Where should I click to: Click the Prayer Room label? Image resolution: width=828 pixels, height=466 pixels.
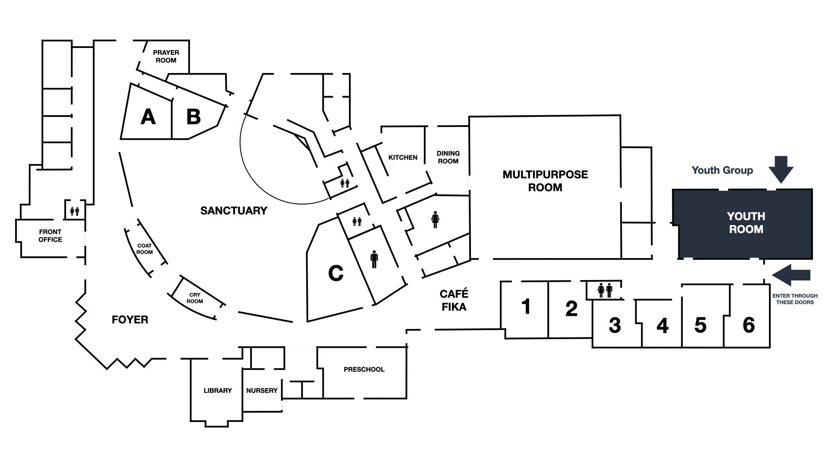coord(166,57)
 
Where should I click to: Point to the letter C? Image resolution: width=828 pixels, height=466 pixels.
coord(336,273)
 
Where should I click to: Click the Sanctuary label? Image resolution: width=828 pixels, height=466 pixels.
coord(234,211)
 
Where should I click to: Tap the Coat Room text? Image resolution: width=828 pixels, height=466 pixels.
coord(144,249)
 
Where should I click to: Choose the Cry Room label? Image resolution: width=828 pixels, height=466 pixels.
coord(194,298)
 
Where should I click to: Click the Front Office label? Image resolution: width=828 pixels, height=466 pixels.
coord(50,236)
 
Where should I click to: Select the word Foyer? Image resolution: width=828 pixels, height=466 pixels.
coord(130,320)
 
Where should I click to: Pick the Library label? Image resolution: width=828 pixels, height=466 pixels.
coord(218,390)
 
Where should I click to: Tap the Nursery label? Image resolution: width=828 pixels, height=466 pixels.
coord(262,390)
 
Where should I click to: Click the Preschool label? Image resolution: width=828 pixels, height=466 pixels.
coord(364,369)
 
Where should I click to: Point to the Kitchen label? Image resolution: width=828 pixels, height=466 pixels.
coord(403,157)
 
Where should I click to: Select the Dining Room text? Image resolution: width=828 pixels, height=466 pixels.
coord(448,157)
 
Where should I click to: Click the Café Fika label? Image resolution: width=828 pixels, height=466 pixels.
coord(454,300)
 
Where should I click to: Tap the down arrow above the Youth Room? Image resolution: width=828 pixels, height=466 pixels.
coord(781,170)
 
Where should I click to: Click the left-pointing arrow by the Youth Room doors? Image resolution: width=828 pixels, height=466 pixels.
coord(791,275)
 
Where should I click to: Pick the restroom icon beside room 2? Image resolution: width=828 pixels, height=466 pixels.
coord(605,290)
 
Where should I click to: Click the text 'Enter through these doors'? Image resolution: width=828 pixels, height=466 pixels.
coord(795,299)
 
